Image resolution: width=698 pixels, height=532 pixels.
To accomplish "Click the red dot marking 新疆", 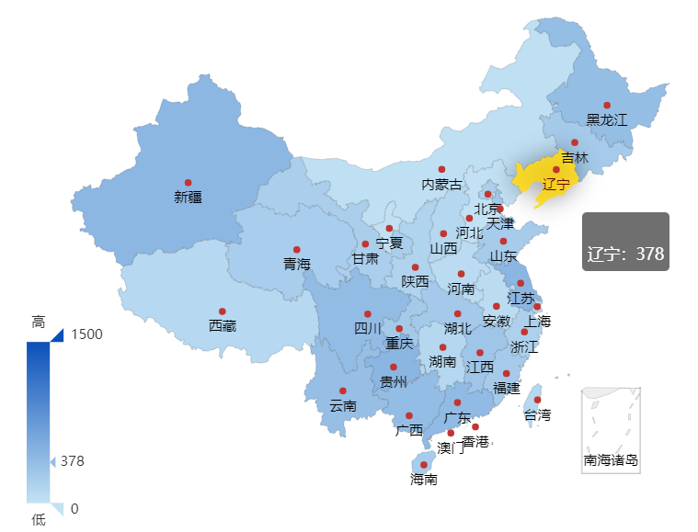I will (188, 182).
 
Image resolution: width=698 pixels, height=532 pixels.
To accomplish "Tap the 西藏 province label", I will (222, 325).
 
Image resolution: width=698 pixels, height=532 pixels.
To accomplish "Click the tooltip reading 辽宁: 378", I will (625, 242).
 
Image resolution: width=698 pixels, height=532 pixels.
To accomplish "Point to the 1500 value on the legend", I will (86, 334).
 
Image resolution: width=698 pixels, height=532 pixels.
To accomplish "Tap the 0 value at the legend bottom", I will (74, 508).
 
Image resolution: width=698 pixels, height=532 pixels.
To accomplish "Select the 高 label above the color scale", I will (39, 322).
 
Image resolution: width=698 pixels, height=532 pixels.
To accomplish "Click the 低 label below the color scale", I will (39, 519).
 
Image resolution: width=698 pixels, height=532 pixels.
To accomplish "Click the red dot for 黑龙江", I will (606, 105).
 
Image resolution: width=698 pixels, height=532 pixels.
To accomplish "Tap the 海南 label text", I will (424, 479).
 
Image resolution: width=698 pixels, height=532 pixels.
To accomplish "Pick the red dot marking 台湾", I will (537, 400).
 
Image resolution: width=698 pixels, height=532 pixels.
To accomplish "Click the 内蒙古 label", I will (441, 184).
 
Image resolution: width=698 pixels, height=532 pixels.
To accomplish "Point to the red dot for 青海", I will (296, 249).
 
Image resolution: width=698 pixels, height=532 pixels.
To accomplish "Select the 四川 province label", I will (367, 329).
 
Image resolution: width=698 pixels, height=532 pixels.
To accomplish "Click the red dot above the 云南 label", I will (342, 391).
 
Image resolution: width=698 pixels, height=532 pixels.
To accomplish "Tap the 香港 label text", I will (475, 441).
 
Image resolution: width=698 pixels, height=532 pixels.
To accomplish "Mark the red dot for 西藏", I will (222, 311).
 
